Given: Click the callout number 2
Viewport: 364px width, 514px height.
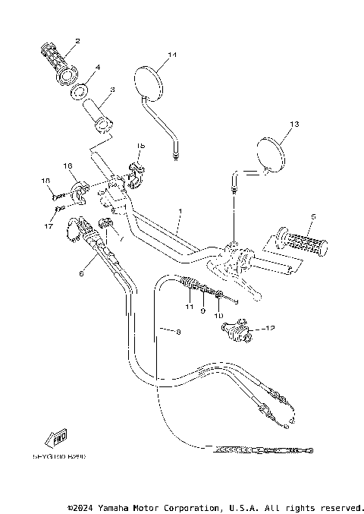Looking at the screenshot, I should tap(77, 39).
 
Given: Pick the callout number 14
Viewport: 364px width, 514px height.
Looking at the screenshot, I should tap(172, 55).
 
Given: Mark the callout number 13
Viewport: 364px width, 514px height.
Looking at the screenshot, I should tap(294, 124).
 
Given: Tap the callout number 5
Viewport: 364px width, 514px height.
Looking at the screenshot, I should tap(312, 216).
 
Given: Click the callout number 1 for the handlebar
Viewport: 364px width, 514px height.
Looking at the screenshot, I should tap(179, 210).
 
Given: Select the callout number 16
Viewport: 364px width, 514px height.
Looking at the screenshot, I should tap(67, 166).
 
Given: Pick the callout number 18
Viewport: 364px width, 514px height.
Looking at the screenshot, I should tap(45, 181).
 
